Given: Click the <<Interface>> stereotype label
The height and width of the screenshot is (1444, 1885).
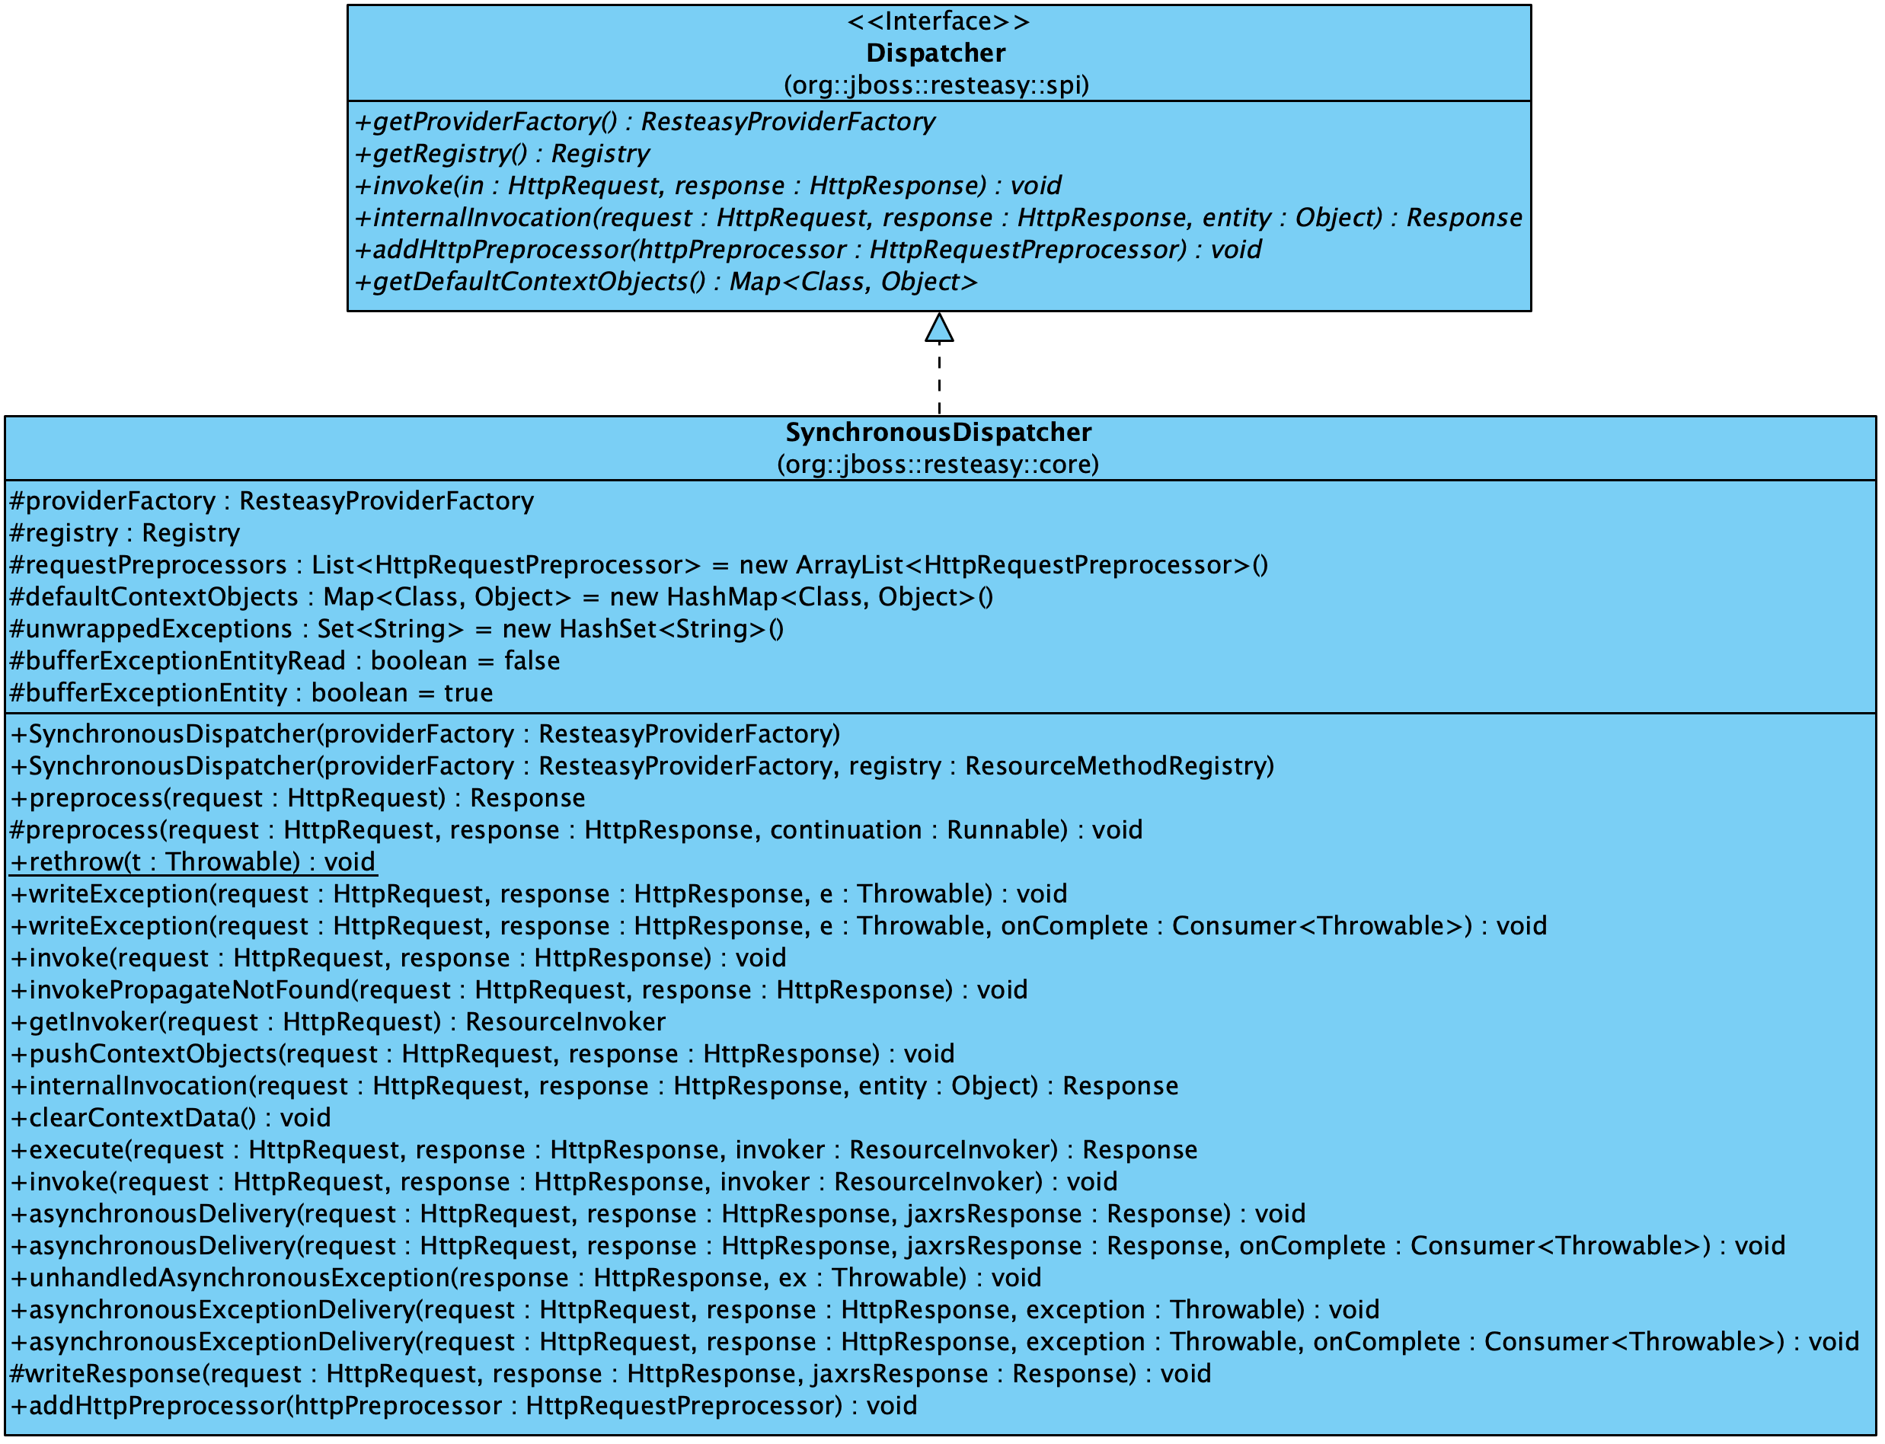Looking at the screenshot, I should (x=938, y=21).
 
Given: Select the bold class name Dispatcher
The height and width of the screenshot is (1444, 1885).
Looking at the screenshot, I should (x=935, y=53).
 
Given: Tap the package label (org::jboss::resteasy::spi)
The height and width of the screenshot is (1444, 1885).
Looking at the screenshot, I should (x=936, y=85).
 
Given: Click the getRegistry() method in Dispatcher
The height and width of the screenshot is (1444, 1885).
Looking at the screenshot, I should (x=502, y=154).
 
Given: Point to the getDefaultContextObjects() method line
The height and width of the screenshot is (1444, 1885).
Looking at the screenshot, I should (x=666, y=282).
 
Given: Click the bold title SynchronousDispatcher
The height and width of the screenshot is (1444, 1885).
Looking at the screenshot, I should (x=938, y=433).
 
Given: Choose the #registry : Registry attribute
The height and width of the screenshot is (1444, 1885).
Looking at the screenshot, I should (x=125, y=534).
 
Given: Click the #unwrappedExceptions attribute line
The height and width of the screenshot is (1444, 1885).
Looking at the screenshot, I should (x=395, y=629).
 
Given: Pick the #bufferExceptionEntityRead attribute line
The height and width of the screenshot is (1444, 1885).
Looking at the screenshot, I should (x=283, y=661).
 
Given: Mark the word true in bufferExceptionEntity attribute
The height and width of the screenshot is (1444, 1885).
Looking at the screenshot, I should (x=468, y=694).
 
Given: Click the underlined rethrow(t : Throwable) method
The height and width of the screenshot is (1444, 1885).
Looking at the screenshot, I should (x=193, y=862).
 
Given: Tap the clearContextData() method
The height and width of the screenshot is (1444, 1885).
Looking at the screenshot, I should (x=170, y=1118).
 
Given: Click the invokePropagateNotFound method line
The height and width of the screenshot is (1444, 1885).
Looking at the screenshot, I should (x=519, y=990).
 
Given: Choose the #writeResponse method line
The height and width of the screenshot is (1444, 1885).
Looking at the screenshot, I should (x=609, y=1375).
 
